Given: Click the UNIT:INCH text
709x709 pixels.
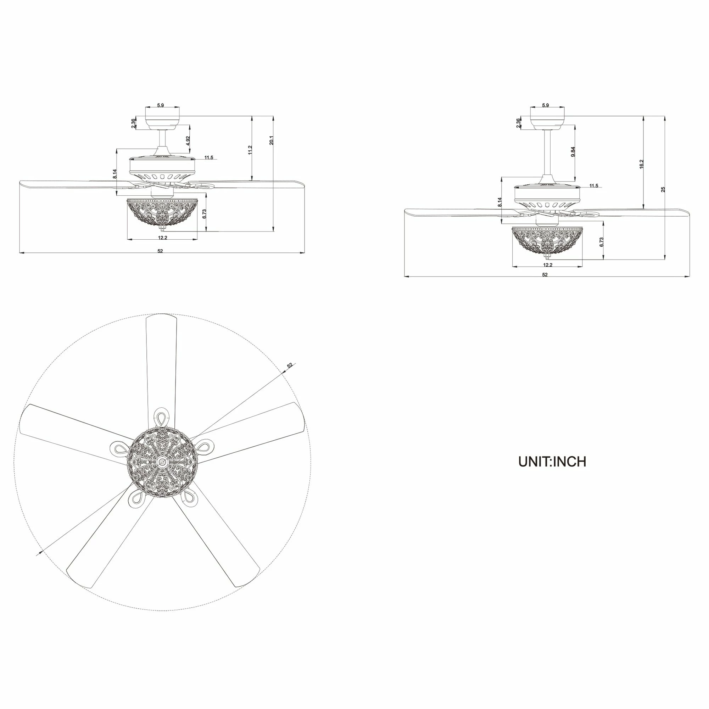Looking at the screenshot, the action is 552,462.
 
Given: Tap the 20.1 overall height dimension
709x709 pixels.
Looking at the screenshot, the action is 272,140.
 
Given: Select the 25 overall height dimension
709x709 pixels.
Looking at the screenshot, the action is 663,189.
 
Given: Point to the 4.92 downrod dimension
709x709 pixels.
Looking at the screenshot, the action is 188,141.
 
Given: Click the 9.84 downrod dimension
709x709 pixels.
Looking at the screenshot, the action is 573,152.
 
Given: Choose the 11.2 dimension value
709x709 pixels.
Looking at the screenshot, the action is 250,150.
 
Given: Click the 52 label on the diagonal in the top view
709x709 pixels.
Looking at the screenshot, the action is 290,365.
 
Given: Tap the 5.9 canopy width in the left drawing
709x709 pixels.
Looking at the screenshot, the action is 160,105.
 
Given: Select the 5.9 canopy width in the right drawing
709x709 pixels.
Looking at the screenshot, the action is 545,105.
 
